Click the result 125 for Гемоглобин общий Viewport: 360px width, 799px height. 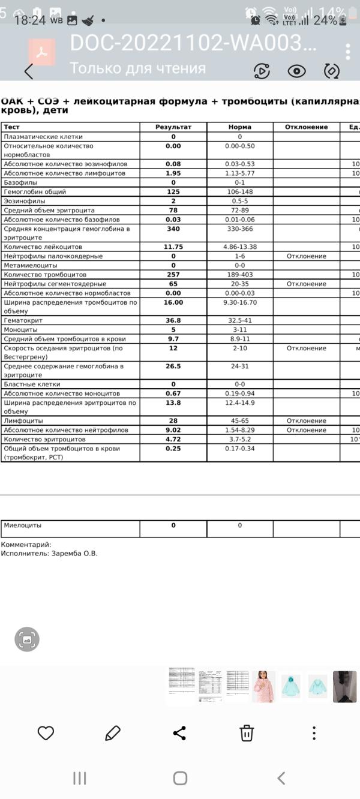point(173,192)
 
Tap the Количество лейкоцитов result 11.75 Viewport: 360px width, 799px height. point(173,247)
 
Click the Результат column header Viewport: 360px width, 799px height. point(173,127)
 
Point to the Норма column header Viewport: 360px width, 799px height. point(239,127)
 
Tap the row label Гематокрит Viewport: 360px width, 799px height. point(23,321)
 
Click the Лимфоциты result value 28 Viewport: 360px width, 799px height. point(173,421)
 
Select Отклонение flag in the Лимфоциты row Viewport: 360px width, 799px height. point(306,421)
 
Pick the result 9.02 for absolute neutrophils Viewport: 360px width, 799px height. point(173,430)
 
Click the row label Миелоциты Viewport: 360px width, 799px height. point(23,525)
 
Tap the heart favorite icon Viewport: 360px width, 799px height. point(46,733)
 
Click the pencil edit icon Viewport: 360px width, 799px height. point(113,733)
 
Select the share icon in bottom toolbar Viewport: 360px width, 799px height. point(179,733)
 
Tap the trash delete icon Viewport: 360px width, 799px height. point(247,733)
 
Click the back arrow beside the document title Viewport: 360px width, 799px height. point(29,71)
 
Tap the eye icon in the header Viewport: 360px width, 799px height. point(296,71)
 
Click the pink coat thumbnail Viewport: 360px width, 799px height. point(263,686)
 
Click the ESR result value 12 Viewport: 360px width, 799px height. point(173,349)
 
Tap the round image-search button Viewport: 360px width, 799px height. point(27,639)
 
